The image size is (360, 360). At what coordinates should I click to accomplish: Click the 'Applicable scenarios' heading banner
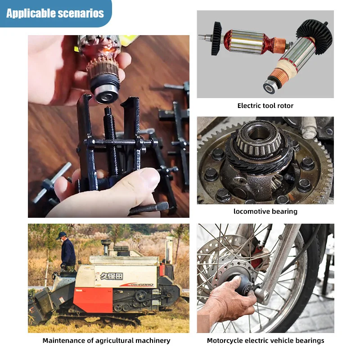(55, 13)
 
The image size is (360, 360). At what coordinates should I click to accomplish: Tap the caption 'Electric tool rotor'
(265, 106)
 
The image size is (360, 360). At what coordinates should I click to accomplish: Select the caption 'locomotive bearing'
(265, 211)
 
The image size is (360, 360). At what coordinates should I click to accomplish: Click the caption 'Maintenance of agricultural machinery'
(106, 341)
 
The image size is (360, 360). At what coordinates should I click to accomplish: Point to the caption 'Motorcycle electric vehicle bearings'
(265, 341)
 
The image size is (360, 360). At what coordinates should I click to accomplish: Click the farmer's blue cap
(61, 235)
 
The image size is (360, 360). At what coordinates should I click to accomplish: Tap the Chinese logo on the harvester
(112, 276)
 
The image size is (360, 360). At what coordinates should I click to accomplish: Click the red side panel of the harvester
(93, 300)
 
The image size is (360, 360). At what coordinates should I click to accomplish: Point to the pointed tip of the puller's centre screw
(108, 108)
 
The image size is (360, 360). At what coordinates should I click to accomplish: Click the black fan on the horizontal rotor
(216, 39)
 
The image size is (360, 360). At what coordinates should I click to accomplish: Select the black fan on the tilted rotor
(314, 37)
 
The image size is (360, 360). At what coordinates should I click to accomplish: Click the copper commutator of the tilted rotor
(278, 76)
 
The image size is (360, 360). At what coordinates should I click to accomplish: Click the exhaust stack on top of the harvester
(106, 246)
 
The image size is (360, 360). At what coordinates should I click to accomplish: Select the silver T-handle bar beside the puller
(52, 182)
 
